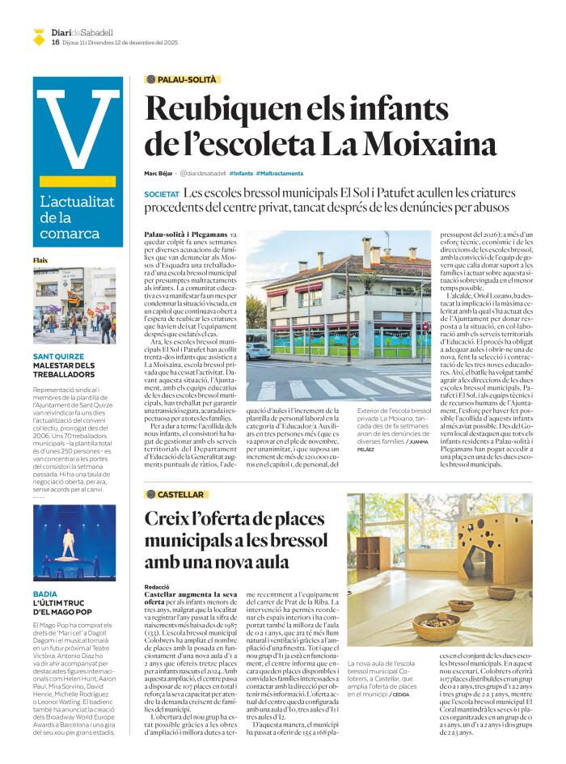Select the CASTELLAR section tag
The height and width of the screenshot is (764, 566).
coord(175,493)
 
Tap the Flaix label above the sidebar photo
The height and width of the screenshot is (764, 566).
coord(40,260)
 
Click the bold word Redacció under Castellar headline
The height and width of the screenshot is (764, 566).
coord(156,588)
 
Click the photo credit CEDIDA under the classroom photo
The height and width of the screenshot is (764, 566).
coord(400,694)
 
